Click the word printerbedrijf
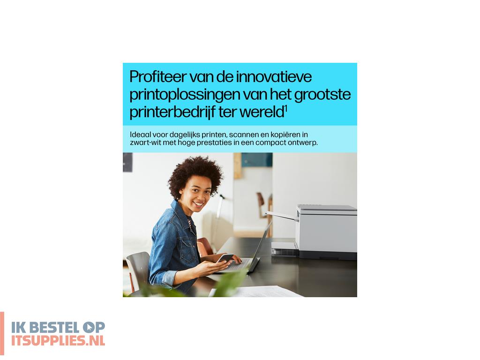(177, 112)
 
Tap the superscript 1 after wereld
(285, 109)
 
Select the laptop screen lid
(260, 246)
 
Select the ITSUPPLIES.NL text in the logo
(58, 340)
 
